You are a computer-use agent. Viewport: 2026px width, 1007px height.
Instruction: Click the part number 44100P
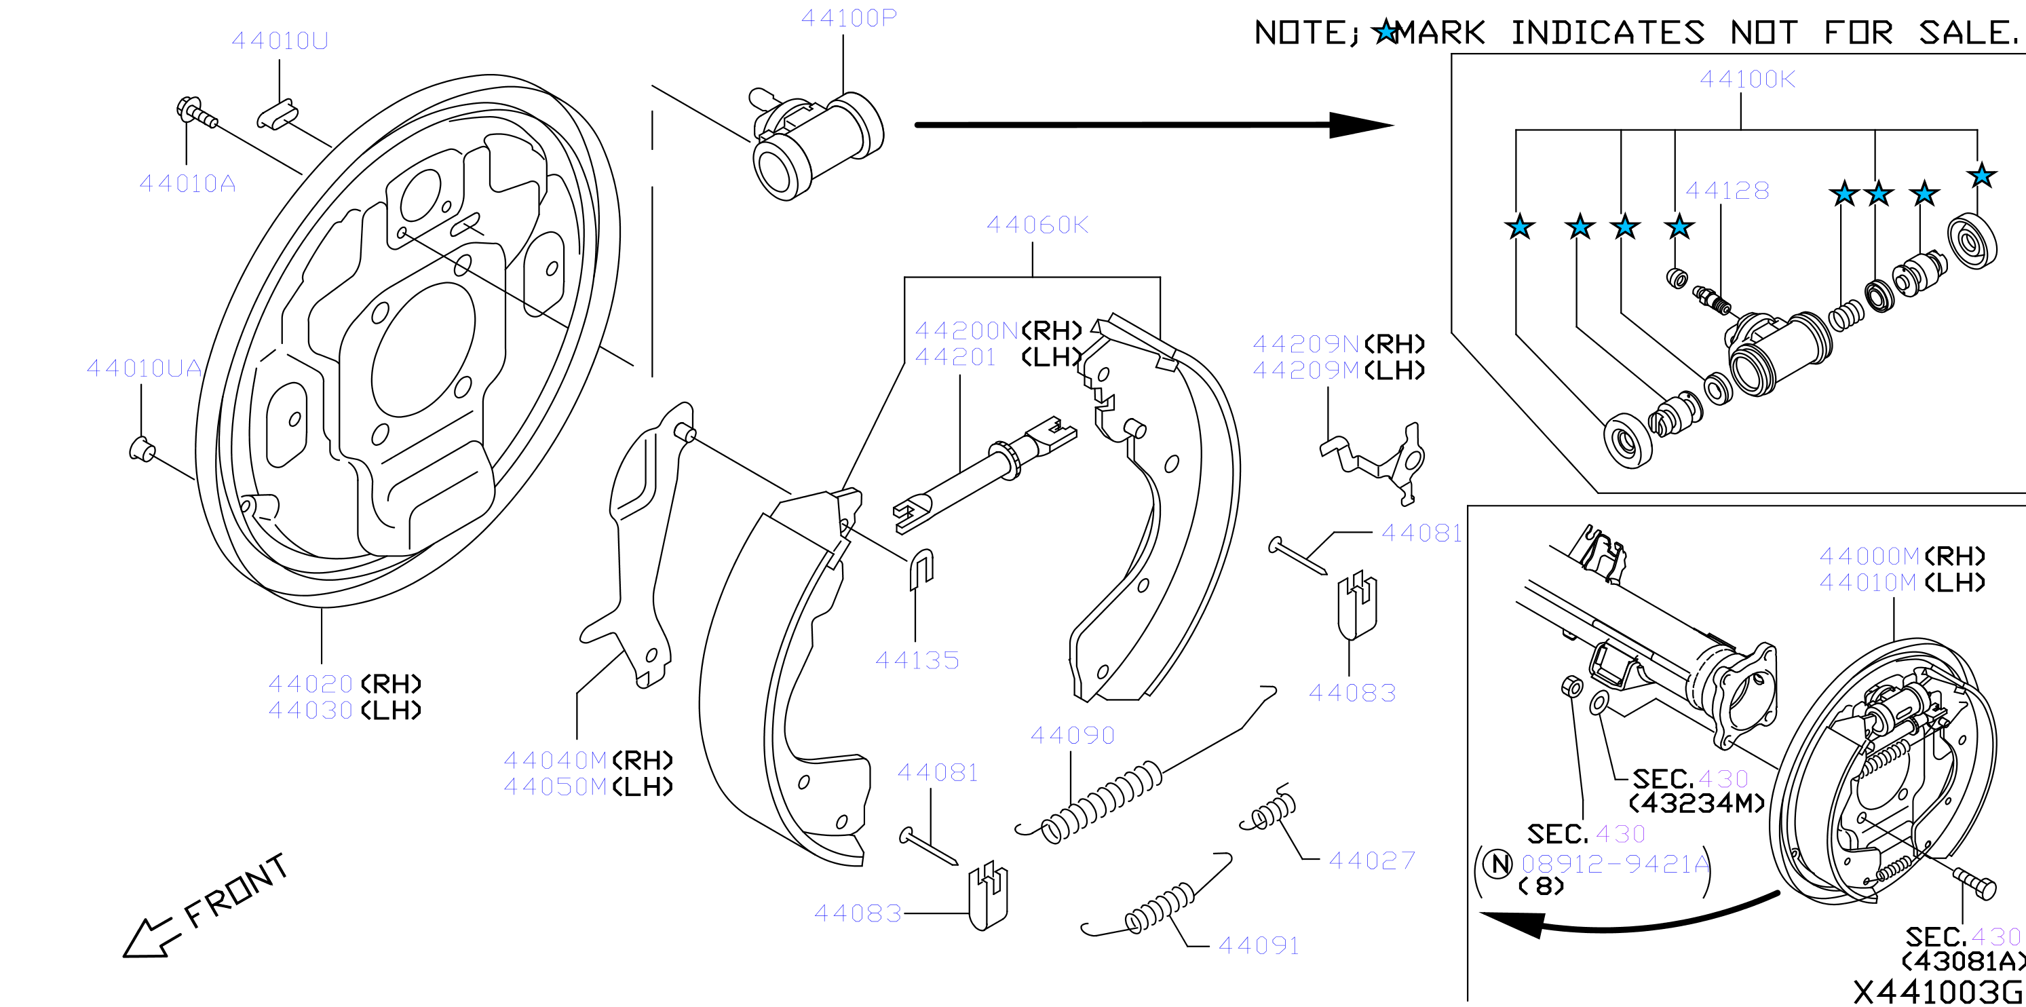point(849,18)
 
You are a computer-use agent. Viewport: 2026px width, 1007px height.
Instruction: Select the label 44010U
point(280,40)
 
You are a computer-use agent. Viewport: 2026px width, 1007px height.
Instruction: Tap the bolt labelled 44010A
point(196,113)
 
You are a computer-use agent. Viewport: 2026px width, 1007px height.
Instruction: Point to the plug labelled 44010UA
point(142,449)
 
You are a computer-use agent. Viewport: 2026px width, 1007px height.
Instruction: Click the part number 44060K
point(1037,225)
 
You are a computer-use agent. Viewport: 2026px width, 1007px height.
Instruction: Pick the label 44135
point(917,660)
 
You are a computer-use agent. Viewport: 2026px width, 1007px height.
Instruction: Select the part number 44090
point(1073,735)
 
